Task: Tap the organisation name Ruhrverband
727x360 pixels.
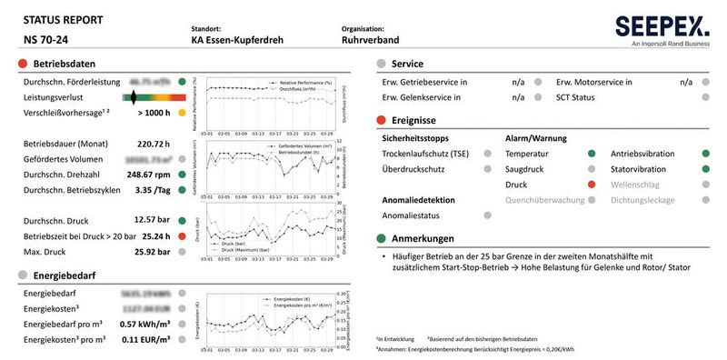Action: point(372,40)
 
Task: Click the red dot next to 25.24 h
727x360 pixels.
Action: point(184,235)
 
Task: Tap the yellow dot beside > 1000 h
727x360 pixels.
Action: point(184,113)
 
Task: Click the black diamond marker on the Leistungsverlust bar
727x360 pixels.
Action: point(134,96)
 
